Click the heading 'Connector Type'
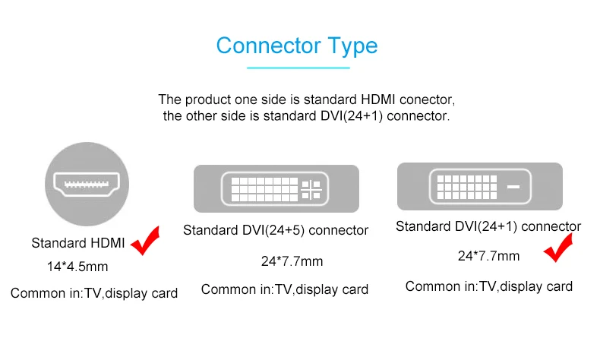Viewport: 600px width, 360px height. [x=296, y=46]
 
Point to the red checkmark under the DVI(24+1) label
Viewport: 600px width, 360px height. [x=561, y=249]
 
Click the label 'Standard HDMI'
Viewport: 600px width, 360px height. [x=78, y=244]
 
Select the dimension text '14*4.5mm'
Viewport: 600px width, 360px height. [x=77, y=267]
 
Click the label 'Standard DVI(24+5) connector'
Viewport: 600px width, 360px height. [x=276, y=230]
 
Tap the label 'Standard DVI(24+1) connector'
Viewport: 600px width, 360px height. [x=488, y=226]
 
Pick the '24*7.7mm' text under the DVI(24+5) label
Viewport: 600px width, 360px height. [x=292, y=262]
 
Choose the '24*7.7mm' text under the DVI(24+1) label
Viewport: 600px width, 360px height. [x=488, y=256]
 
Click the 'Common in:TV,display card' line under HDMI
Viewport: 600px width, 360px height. [x=94, y=293]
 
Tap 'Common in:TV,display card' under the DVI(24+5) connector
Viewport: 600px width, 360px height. [x=285, y=289]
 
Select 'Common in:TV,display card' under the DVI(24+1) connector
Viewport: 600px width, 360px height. [x=488, y=286]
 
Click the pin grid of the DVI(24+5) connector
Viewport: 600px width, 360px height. [x=262, y=188]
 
